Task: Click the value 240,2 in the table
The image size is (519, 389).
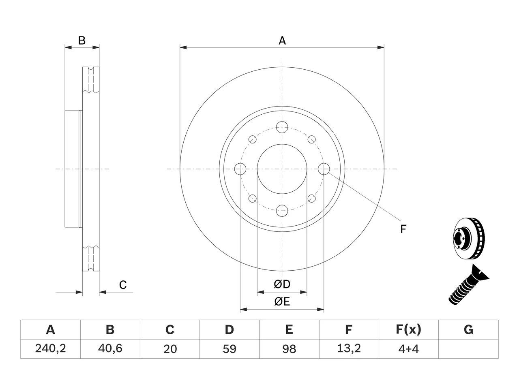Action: pos(50,348)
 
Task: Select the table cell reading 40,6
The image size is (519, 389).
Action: pos(110,348)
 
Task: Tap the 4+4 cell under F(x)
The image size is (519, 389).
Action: pos(409,349)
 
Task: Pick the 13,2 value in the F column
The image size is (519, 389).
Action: pos(349,348)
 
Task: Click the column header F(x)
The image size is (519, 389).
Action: pos(409,329)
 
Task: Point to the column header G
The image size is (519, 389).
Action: pos(468,329)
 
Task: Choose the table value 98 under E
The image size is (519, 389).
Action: pos(289,349)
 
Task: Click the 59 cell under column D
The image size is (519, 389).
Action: pos(229,349)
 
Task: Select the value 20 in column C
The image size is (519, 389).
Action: pos(170,349)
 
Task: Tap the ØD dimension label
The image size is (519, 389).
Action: pos(282,284)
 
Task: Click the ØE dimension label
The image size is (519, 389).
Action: pos(282,301)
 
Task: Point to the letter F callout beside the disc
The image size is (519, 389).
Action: pos(403,229)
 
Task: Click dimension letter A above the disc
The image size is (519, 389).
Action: pos(282,41)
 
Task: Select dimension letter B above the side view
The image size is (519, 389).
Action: pos(82,41)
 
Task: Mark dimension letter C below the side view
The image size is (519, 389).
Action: pos(123,285)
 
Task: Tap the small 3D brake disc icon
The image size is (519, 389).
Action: pos(469,239)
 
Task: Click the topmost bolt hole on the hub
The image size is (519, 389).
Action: pos(282,127)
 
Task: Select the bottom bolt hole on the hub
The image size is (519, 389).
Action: pos(282,211)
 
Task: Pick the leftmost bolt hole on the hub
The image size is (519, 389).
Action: pos(240,169)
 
